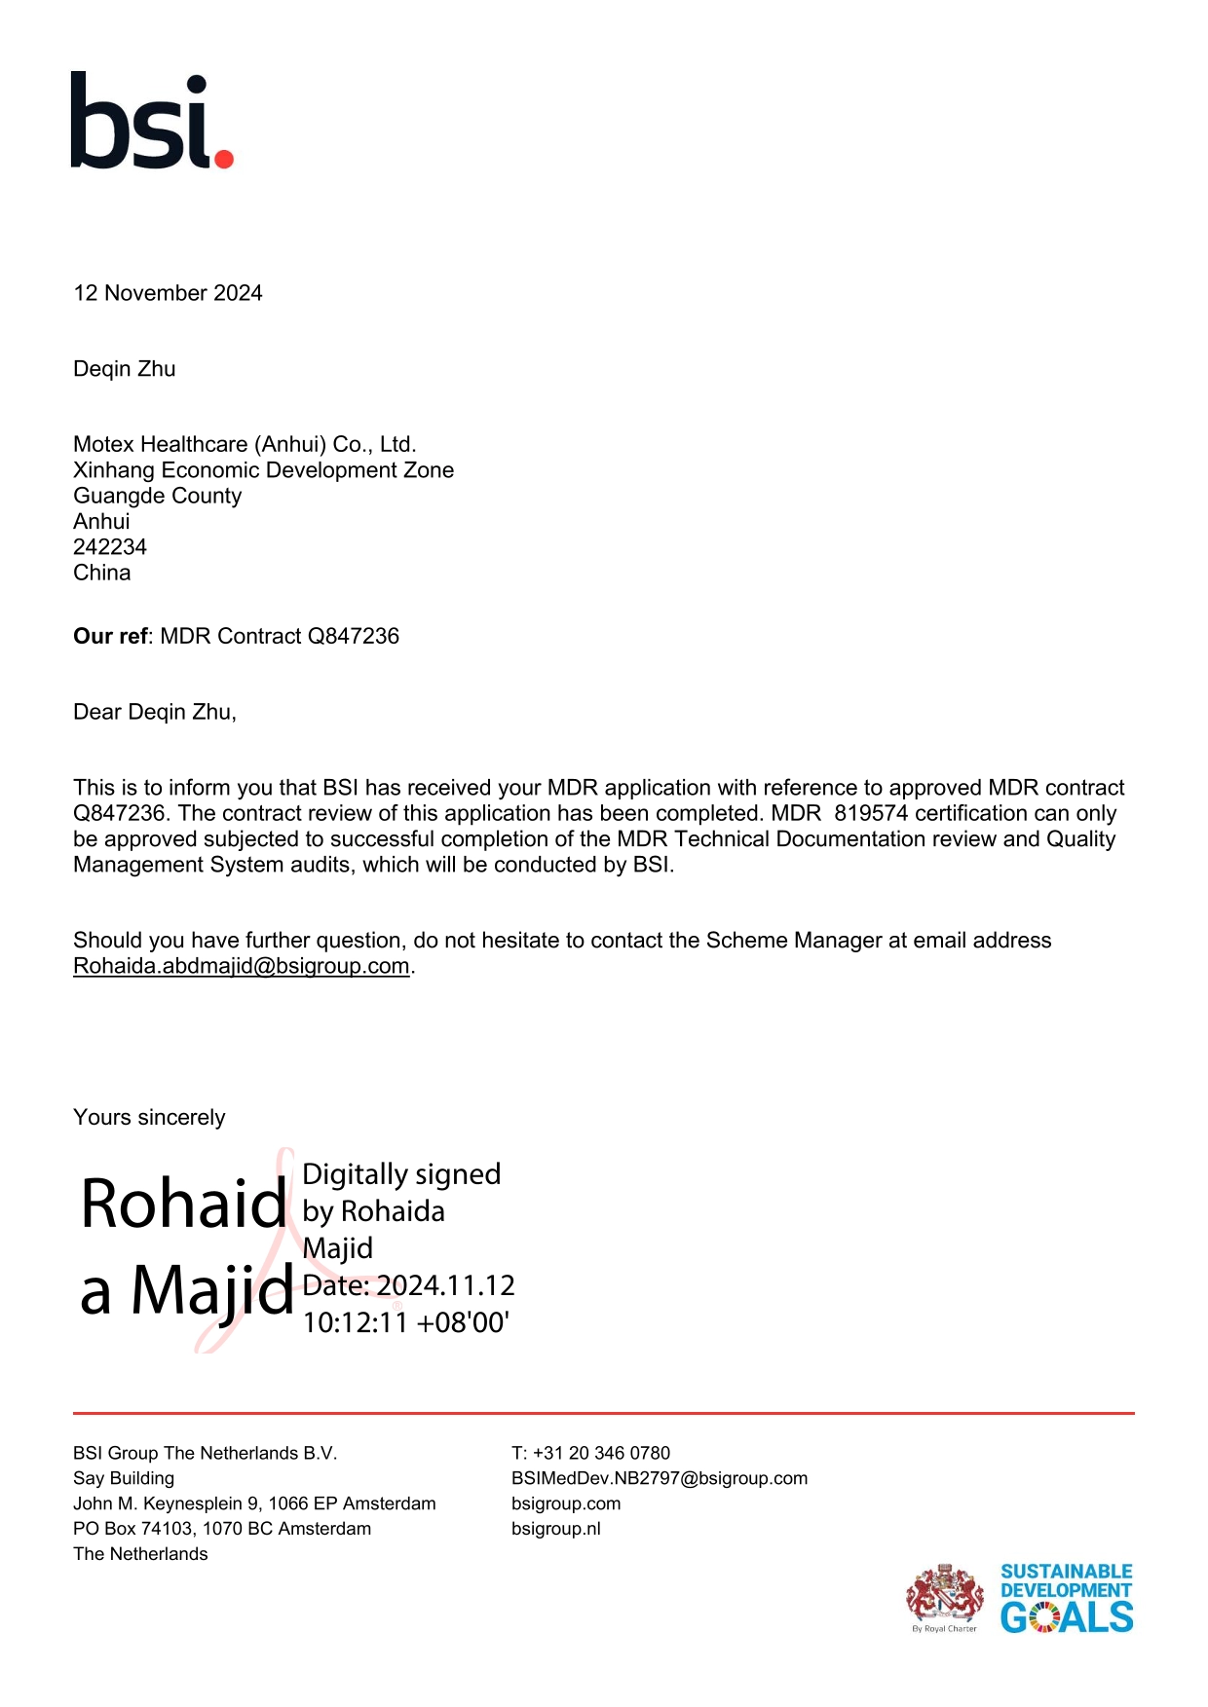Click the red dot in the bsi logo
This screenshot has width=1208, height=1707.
click(223, 158)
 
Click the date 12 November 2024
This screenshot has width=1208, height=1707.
click(168, 293)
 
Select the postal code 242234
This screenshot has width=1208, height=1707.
click(110, 547)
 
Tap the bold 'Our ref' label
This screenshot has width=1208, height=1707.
click(110, 637)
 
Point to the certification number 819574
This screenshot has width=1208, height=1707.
click(871, 814)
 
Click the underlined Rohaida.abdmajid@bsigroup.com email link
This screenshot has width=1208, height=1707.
click(241, 966)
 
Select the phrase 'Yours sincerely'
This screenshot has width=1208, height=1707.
click(149, 1118)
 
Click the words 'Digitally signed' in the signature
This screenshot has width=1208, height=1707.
click(401, 1174)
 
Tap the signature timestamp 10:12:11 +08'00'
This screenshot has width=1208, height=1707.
click(406, 1322)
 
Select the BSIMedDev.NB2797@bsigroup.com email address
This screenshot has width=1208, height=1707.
click(659, 1478)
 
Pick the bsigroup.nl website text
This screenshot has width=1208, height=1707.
click(555, 1529)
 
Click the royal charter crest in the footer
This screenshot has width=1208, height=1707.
click(943, 1594)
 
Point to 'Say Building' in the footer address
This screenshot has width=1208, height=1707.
click(124, 1478)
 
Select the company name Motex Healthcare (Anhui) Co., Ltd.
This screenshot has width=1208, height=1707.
click(245, 445)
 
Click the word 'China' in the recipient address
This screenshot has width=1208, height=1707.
click(102, 573)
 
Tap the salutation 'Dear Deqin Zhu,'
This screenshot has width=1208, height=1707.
click(155, 713)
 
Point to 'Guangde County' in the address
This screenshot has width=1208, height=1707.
click(157, 496)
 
